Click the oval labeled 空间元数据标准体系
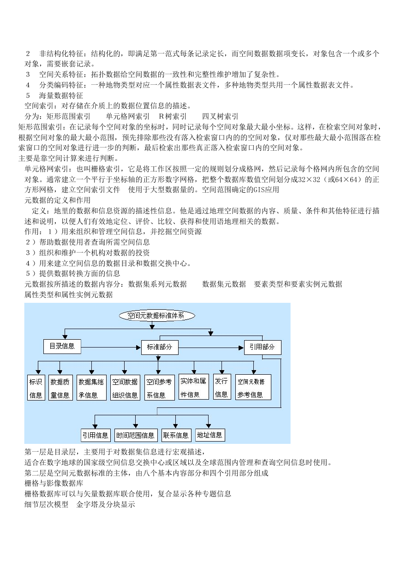pos(157,316)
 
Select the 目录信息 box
pos(62,347)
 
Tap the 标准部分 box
pos(160,348)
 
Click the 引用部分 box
pos(263,348)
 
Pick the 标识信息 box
pos(36,388)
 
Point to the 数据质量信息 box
pos(60,388)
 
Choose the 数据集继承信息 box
pos(91,388)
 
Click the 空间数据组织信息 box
pos(125,388)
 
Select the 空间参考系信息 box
pos(160,388)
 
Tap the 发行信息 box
pos(222,387)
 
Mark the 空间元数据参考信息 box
pos(253,387)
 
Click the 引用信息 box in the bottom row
pos(96,435)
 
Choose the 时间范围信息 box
pos(136,435)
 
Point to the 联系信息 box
pos(176,435)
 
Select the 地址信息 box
pos(210,435)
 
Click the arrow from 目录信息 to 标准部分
pos(111,348)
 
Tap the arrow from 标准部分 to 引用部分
pos(211,348)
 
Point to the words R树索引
pos(173,116)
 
